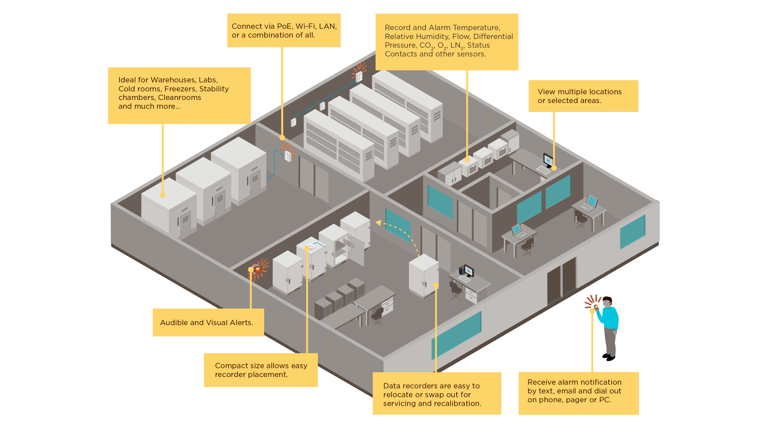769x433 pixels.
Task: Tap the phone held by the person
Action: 596,307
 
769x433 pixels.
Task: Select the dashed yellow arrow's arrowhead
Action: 378,223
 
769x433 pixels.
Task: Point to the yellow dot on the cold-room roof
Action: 163,195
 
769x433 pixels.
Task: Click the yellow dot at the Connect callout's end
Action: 282,138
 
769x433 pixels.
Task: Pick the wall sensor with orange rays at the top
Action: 359,76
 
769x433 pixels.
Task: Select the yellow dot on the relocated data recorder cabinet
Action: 436,285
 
